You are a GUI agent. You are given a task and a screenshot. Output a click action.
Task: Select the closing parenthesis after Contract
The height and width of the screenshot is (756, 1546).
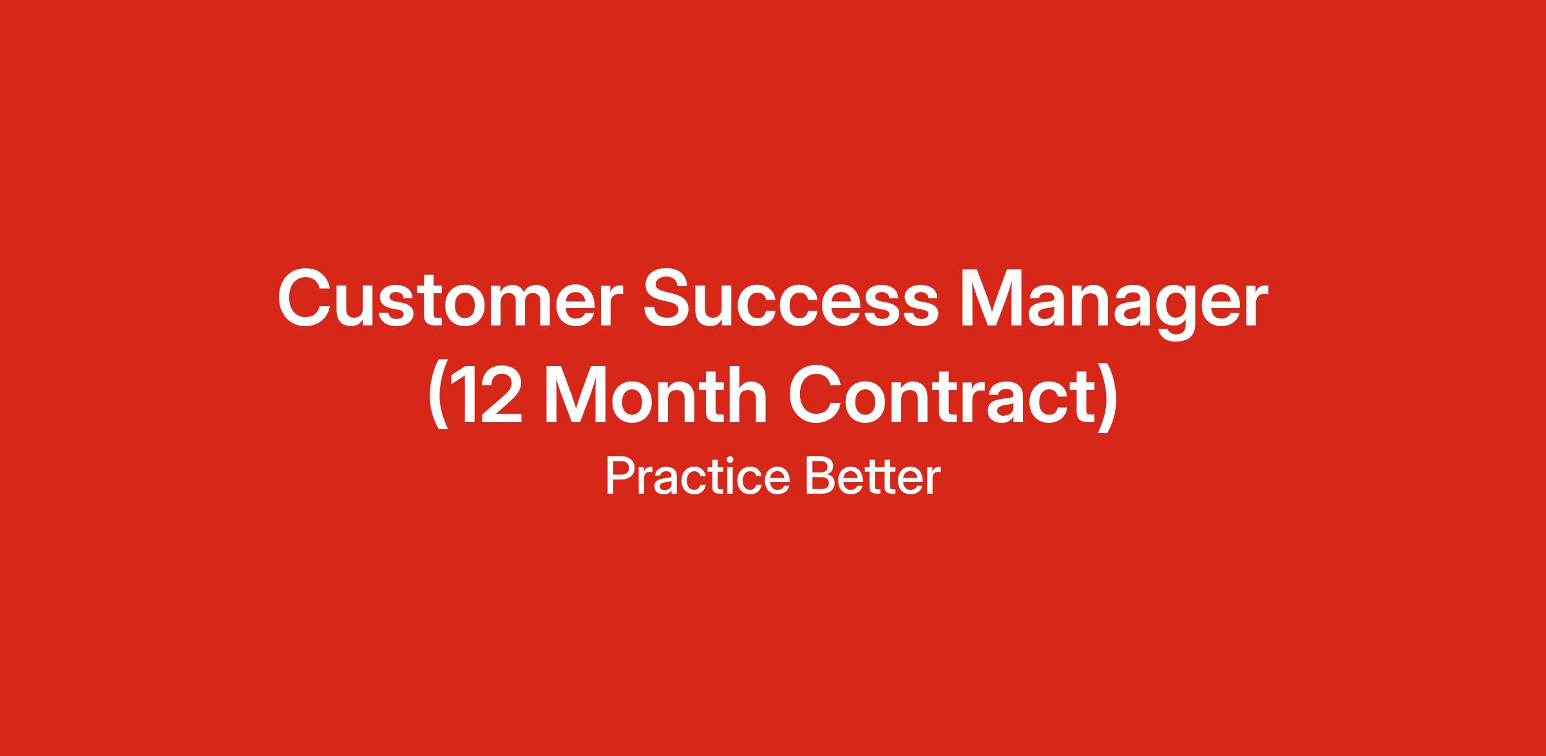coord(1106,396)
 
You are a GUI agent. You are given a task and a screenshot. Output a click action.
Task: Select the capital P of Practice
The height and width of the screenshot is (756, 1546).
coord(620,476)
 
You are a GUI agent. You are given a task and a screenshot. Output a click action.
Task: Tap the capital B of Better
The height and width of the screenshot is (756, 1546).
coord(821,476)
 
